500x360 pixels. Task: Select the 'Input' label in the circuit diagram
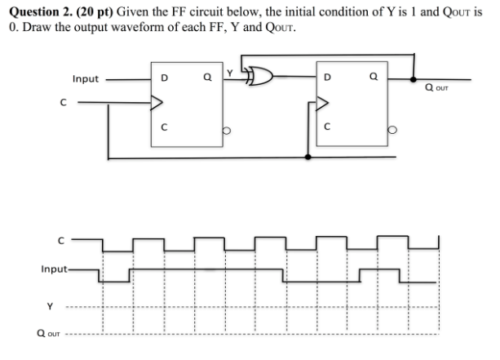tap(86, 79)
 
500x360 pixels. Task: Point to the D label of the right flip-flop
tap(328, 80)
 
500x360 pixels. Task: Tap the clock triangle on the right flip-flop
tap(323, 104)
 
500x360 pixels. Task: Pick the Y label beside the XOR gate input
tap(230, 73)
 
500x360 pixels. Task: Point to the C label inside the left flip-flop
tap(164, 128)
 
